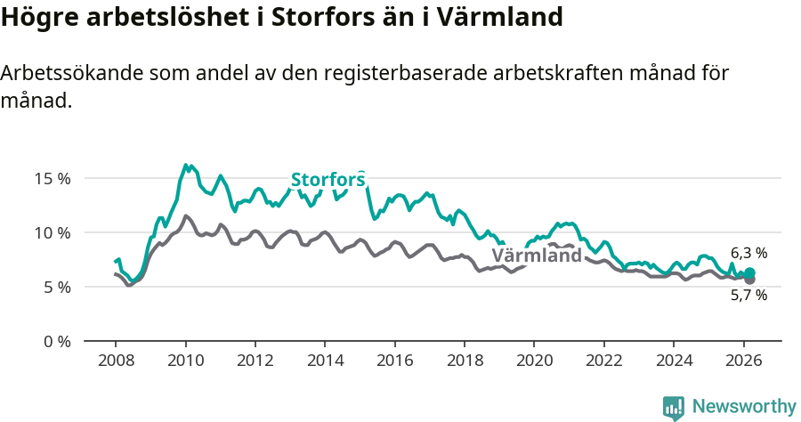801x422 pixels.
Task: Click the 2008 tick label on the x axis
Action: [116, 361]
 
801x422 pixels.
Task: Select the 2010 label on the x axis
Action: [185, 361]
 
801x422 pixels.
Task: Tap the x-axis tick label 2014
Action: [325, 361]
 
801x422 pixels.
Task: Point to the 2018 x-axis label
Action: [464, 361]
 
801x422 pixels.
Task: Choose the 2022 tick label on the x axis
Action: [603, 361]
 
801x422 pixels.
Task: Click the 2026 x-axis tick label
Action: [742, 361]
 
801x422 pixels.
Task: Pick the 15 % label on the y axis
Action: [53, 178]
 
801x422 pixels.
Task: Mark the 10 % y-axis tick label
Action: [53, 232]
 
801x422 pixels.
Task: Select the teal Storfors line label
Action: [328, 180]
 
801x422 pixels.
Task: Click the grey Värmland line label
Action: [537, 256]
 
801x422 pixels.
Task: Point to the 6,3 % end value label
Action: [748, 253]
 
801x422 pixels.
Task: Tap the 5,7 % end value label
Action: [748, 296]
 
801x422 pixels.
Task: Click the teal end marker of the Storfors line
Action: [749, 272]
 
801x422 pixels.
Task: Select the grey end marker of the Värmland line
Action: [749, 280]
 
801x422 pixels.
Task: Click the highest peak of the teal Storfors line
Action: [186, 165]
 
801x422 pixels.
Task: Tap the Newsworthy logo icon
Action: [673, 408]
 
